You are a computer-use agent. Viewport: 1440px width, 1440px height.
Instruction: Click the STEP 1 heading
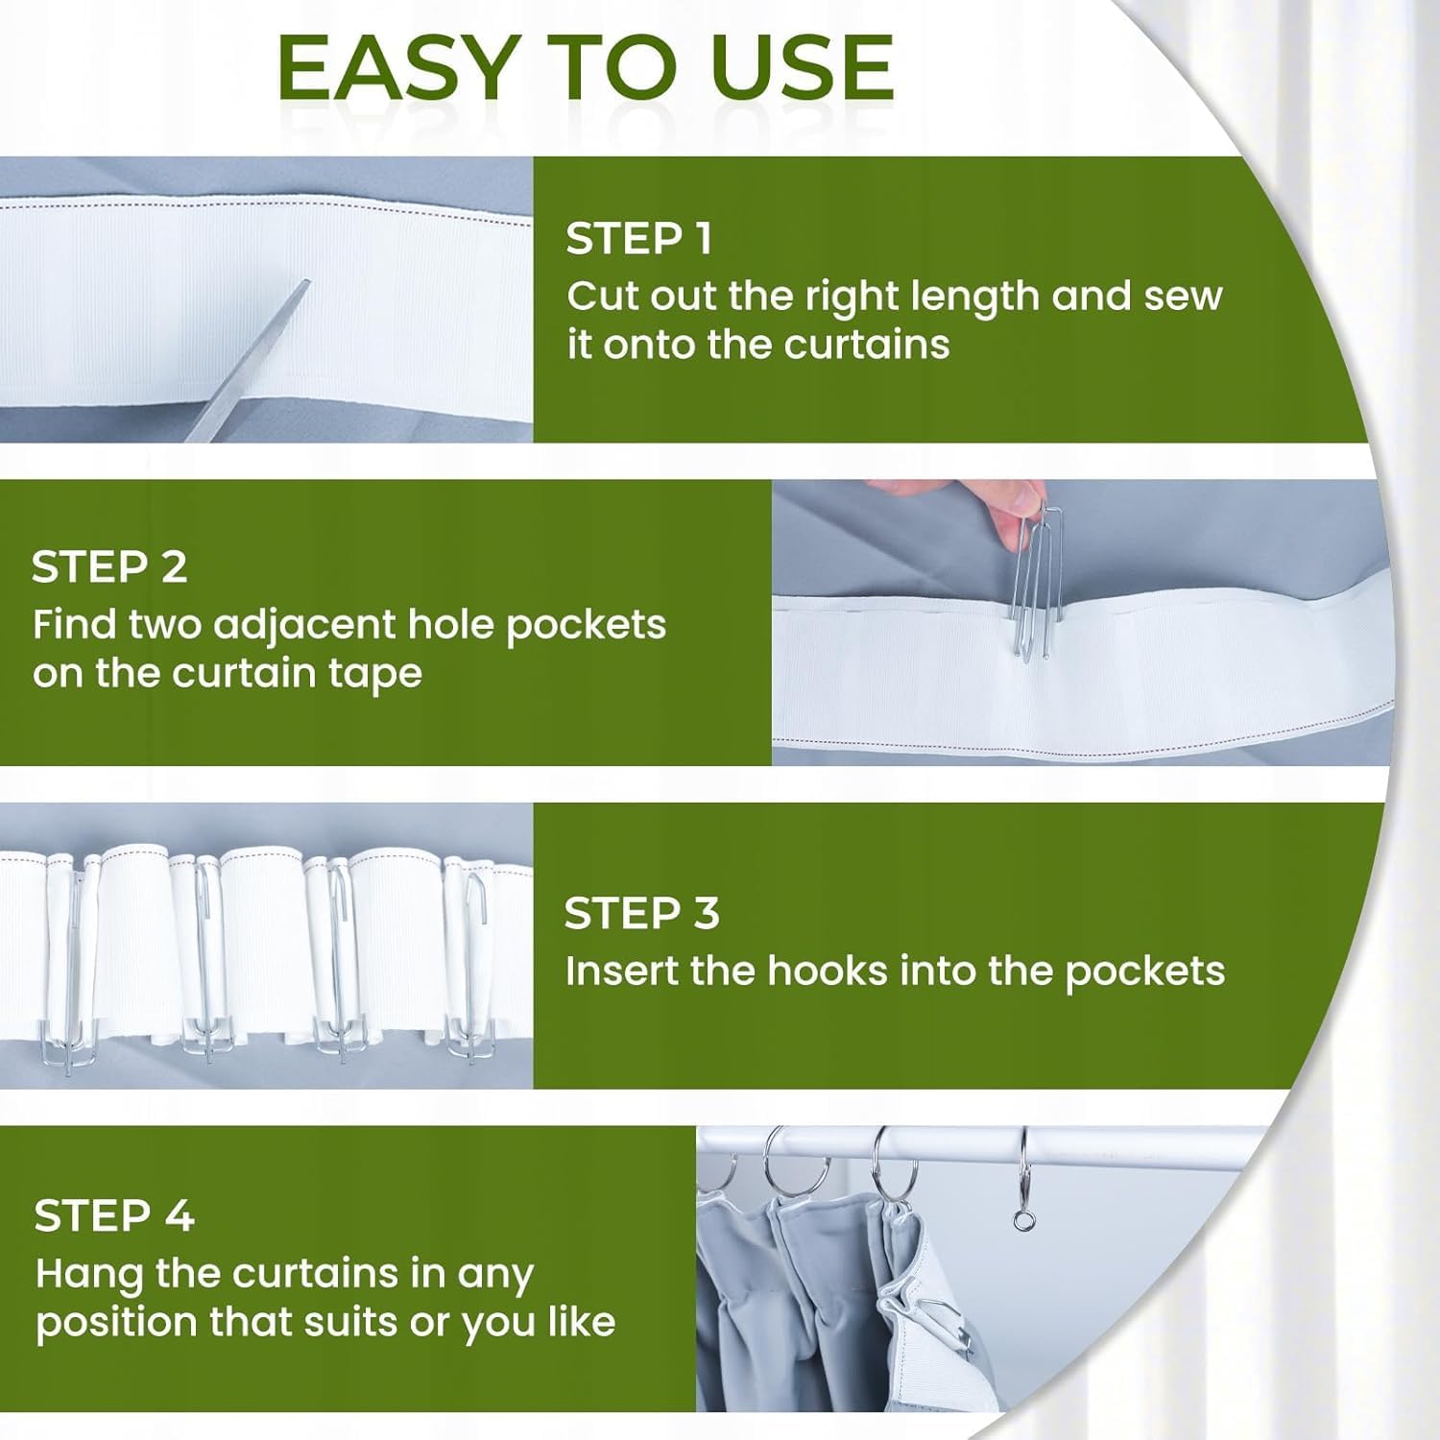(x=639, y=238)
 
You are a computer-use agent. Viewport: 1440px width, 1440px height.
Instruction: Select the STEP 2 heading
(x=109, y=567)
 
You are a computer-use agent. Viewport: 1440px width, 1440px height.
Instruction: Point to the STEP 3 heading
(x=641, y=913)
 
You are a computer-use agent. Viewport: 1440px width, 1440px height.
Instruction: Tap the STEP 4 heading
(x=114, y=1216)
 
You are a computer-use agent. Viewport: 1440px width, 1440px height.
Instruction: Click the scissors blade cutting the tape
(x=248, y=361)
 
